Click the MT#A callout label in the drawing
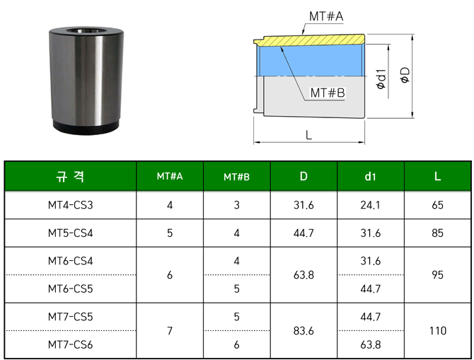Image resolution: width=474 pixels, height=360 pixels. click(326, 16)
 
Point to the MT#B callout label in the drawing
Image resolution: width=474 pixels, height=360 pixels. click(328, 93)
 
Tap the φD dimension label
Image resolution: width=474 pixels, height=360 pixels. click(405, 75)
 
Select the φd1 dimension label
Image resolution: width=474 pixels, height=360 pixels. click(381, 79)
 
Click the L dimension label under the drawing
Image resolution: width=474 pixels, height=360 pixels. click(308, 135)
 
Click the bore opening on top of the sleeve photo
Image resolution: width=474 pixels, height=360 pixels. click(85, 31)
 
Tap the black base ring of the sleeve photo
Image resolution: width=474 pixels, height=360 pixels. click(86, 127)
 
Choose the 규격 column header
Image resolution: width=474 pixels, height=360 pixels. click(70, 176)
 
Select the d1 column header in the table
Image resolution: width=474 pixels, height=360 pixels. click(370, 176)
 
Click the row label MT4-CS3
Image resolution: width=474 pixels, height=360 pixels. click(71, 205)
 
